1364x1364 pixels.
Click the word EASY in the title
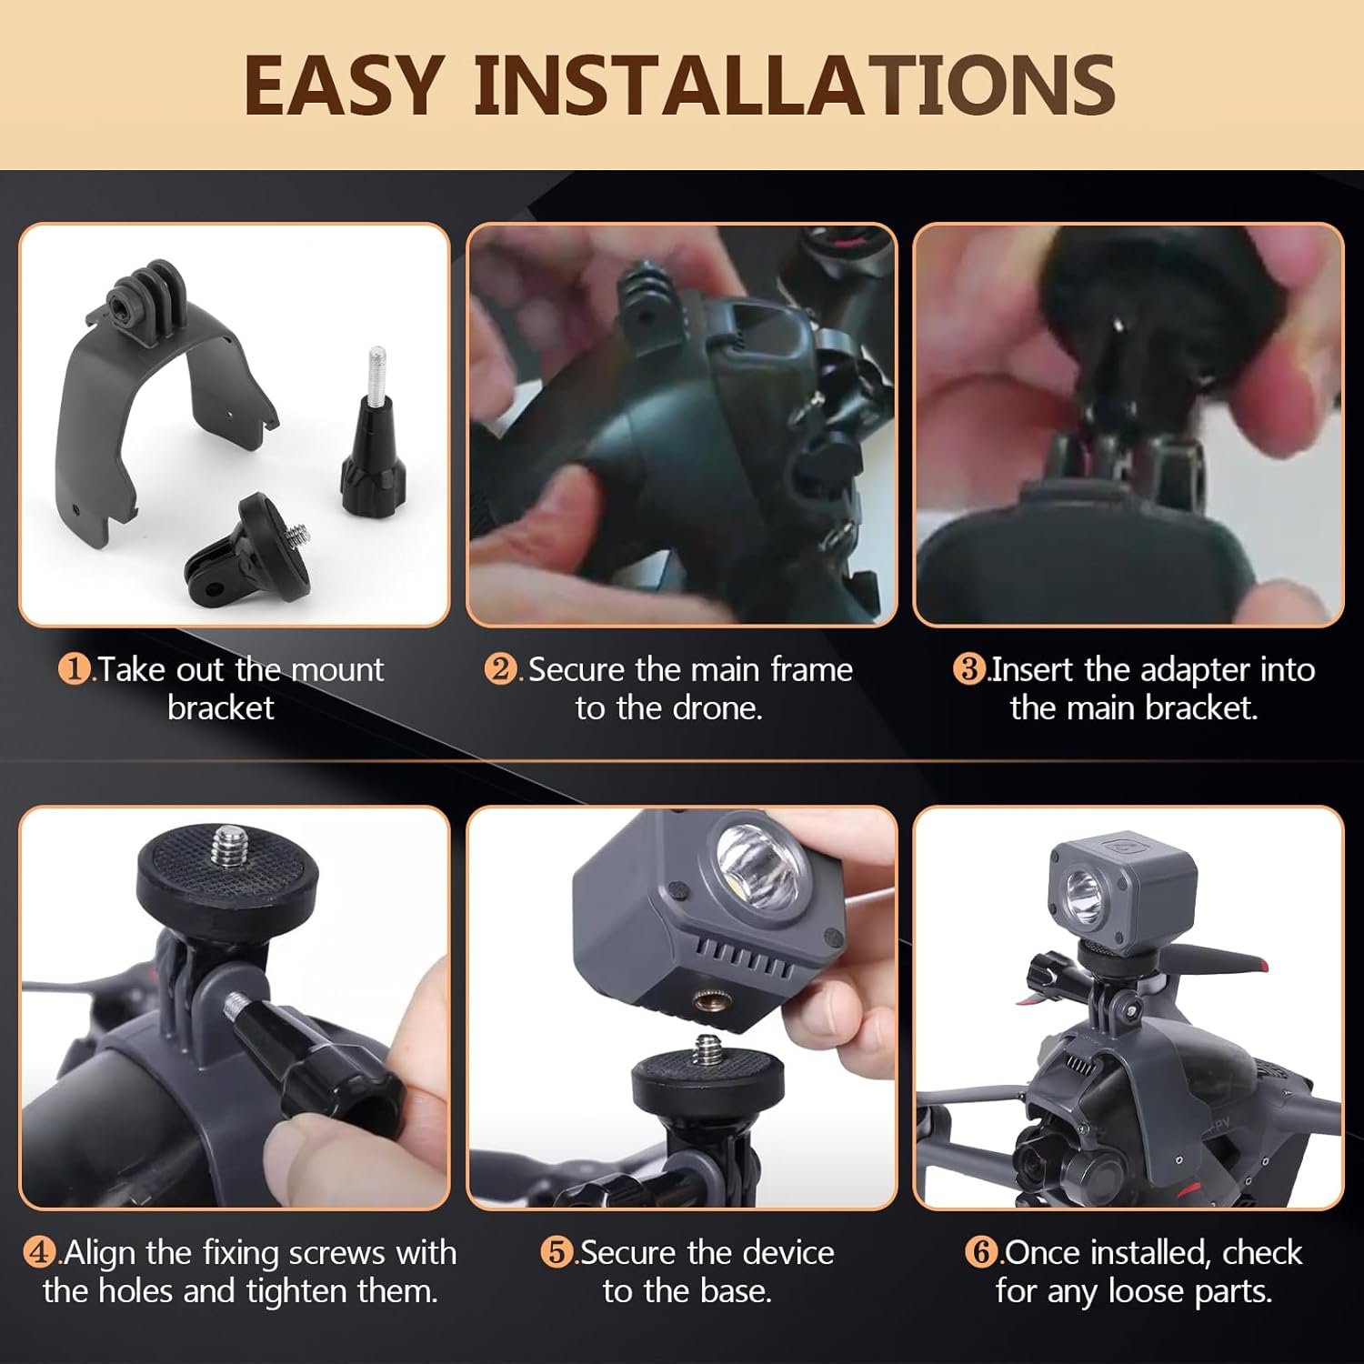click(344, 85)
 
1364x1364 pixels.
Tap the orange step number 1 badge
click(75, 670)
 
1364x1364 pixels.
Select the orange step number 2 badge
click(500, 670)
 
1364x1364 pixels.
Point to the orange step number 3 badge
click(969, 670)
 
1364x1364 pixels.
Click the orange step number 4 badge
click(39, 1253)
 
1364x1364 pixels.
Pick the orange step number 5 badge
click(557, 1253)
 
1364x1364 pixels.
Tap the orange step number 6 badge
click(981, 1253)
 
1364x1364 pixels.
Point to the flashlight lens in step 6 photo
click(1082, 887)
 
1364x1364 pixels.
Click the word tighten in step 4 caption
click(304, 1292)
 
